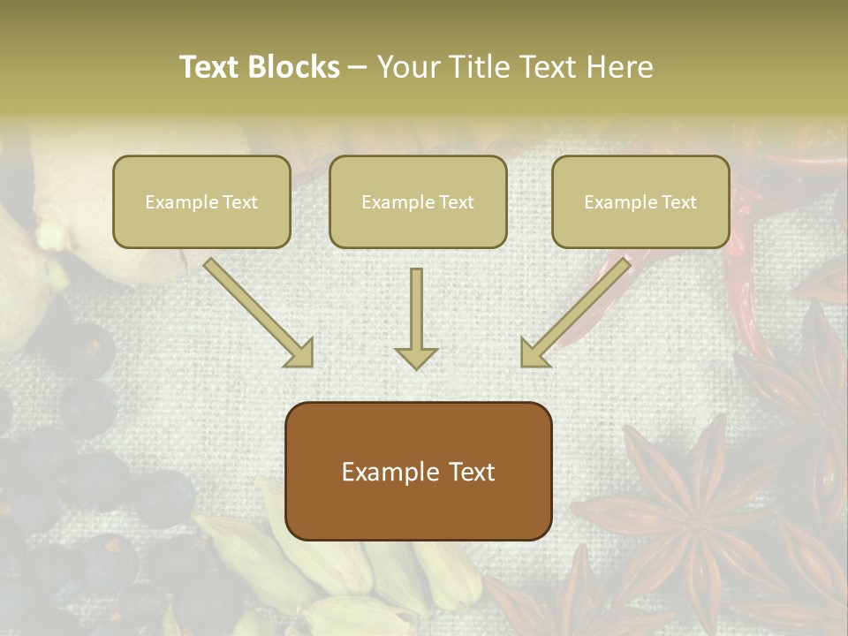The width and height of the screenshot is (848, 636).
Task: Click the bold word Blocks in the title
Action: coord(295,67)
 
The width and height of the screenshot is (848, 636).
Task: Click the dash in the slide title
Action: coord(358,68)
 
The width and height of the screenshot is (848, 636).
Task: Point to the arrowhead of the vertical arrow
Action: coord(416,357)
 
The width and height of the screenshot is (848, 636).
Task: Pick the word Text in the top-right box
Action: coord(678,202)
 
